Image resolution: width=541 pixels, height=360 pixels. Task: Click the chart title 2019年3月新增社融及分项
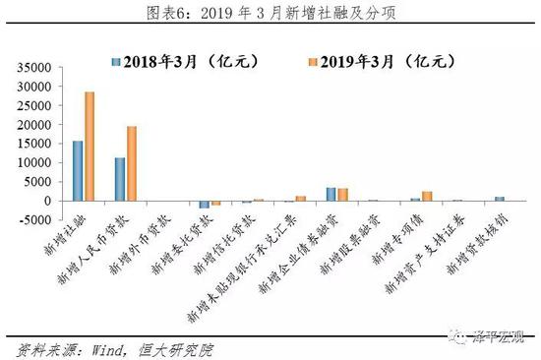pyautogui.click(x=270, y=13)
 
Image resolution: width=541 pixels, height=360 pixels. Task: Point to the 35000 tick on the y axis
pyautogui.click(x=33, y=68)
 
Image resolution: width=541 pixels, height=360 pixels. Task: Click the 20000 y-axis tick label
pyautogui.click(x=33, y=125)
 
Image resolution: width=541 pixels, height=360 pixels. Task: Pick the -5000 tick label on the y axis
pyautogui.click(x=35, y=219)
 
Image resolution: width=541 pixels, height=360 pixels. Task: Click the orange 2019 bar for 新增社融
pyautogui.click(x=90, y=146)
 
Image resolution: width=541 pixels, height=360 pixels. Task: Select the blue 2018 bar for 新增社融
pyautogui.click(x=78, y=170)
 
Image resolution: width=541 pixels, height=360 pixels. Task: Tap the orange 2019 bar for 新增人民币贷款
pyautogui.click(x=132, y=163)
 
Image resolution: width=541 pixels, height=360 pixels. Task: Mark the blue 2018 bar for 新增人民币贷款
pyautogui.click(x=120, y=179)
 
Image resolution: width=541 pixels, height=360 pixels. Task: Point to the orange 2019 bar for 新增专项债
pyautogui.click(x=427, y=196)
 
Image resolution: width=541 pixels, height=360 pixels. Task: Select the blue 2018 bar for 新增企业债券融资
pyautogui.click(x=331, y=194)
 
